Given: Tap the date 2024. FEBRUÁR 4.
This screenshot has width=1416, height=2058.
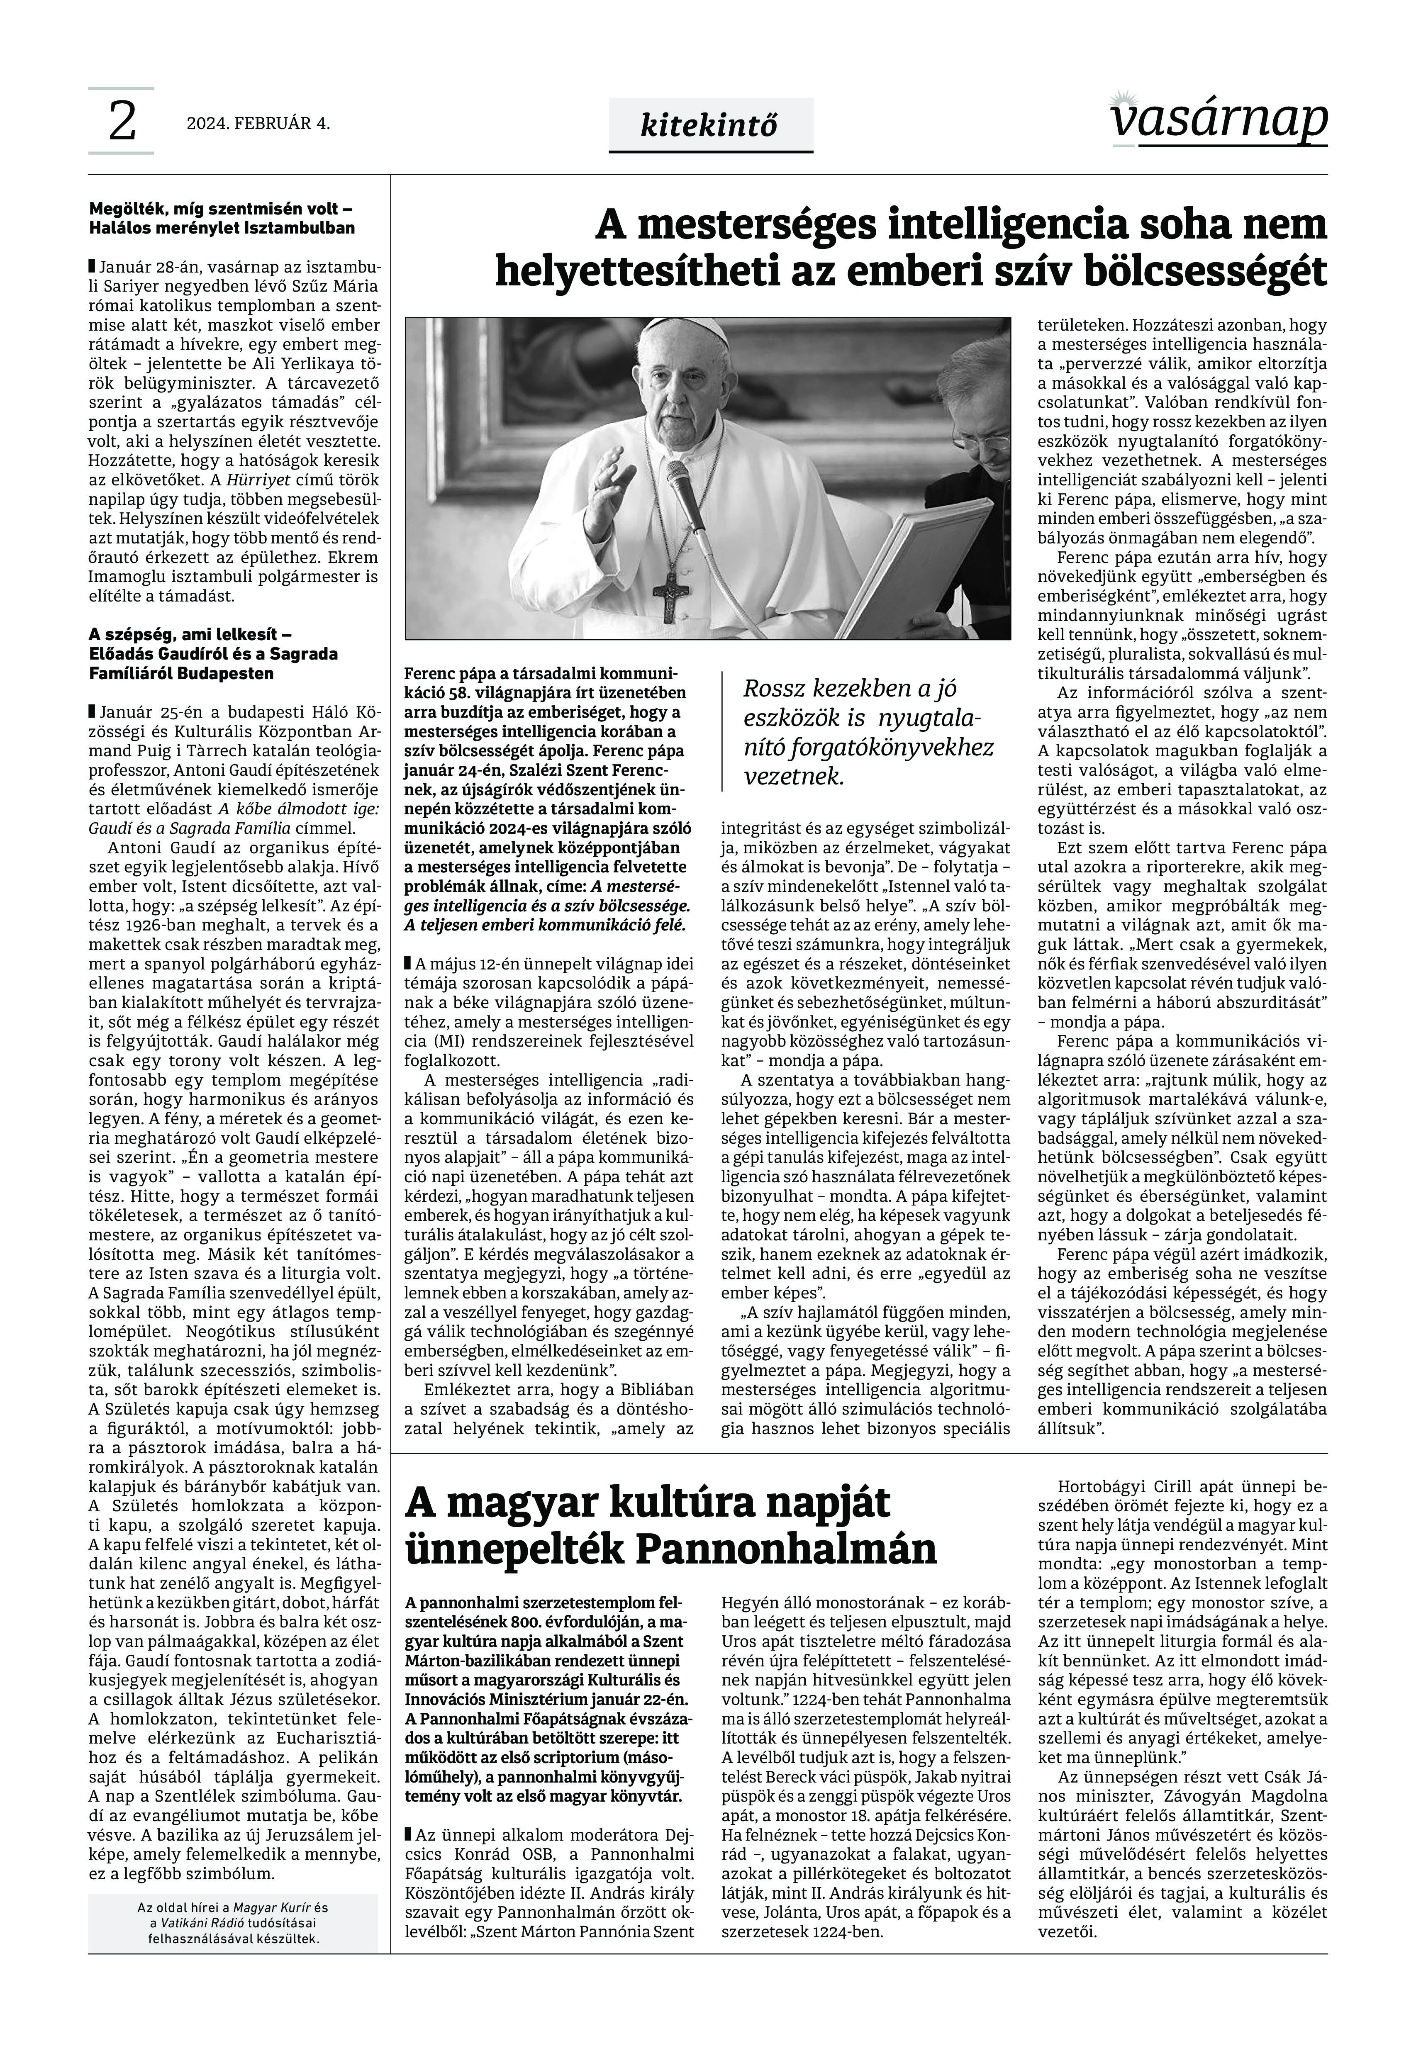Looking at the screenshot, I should [x=258, y=123].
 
